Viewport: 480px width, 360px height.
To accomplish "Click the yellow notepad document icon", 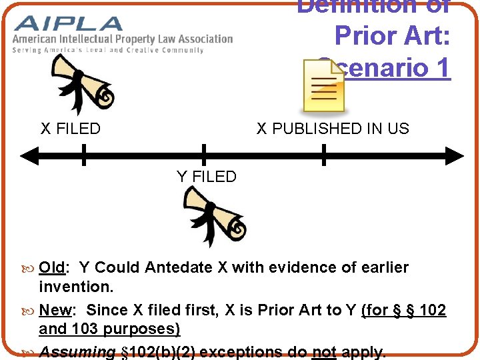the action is coord(323,85).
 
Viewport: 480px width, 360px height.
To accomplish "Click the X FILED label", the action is coord(71,129).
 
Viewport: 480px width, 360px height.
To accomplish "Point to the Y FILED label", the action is coord(207,177).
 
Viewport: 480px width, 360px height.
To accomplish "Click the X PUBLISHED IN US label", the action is coord(333,129).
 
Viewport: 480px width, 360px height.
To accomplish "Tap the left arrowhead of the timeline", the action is coord(27,157).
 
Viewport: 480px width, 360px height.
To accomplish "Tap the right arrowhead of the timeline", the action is coord(456,157).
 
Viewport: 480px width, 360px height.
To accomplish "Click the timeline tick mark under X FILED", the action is coord(84,155).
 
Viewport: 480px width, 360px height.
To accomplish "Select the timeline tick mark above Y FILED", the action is coord(204,155).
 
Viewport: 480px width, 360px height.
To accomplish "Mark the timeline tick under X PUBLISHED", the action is coord(324,155).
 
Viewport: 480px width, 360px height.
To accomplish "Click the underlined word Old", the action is coord(51,267).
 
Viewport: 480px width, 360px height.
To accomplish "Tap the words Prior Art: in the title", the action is coord(393,36).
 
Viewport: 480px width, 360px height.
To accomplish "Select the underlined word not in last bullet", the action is coord(324,352).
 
